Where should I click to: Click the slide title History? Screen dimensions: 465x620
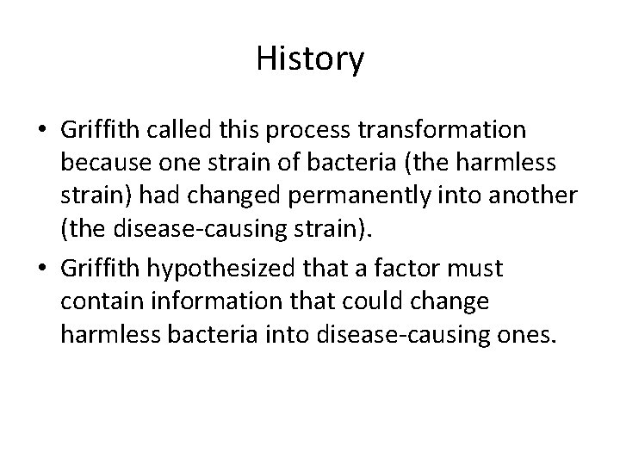click(x=310, y=59)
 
